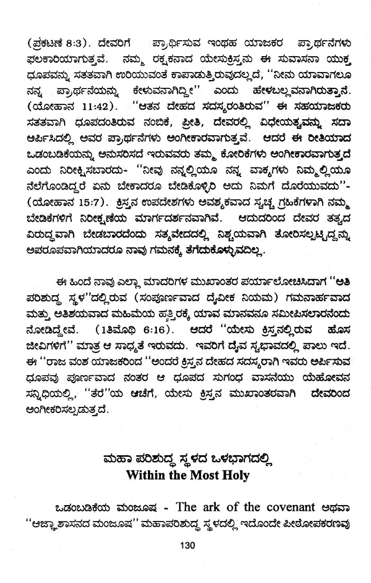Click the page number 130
(188, 546)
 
